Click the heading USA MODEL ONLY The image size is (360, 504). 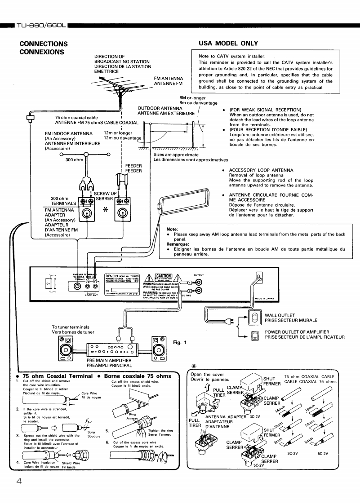[x=228, y=43]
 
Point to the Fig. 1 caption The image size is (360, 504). [x=180, y=342]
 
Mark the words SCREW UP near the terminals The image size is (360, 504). [x=107, y=194]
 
